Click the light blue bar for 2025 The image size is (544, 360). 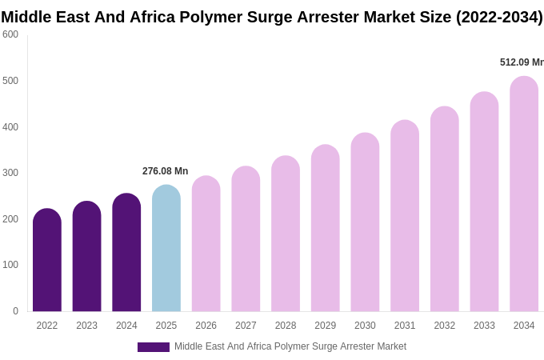[x=166, y=249]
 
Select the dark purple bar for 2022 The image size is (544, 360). [x=47, y=260]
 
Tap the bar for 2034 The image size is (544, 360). [x=524, y=194]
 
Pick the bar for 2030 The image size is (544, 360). [x=365, y=222]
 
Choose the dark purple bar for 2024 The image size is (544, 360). [x=126, y=253]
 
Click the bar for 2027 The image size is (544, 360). [x=246, y=239]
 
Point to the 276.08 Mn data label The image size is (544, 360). [x=165, y=171]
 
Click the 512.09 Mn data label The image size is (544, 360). [x=521, y=62]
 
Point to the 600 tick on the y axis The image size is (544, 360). [x=10, y=34]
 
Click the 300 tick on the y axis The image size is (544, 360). [x=10, y=173]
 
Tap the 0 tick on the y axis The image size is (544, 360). [x=15, y=311]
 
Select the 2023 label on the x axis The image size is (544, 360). [x=86, y=326]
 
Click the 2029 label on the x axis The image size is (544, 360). [x=325, y=326]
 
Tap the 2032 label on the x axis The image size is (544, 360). [x=444, y=326]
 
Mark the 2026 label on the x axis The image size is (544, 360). [x=206, y=326]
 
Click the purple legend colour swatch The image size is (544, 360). [x=153, y=347]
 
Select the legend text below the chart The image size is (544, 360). [x=290, y=346]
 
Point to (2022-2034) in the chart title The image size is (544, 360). [x=499, y=17]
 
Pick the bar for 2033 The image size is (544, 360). [x=484, y=202]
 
